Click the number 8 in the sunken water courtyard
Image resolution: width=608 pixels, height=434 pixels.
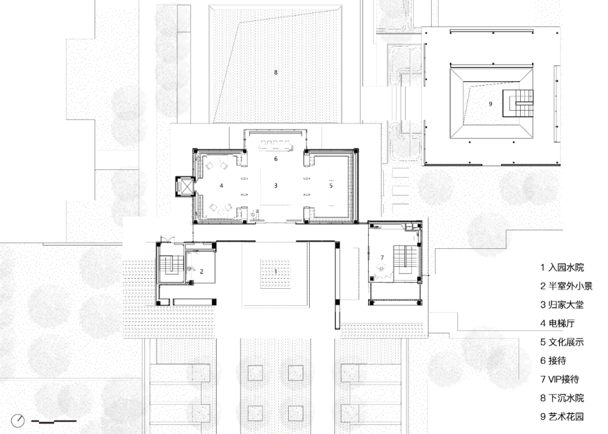(276, 72)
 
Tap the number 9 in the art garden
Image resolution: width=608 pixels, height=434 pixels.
(490, 104)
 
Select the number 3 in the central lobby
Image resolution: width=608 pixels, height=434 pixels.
(276, 186)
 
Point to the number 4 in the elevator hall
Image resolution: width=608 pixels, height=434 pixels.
(221, 186)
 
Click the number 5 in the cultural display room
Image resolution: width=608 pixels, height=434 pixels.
(331, 186)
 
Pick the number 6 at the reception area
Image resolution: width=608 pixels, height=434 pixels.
(276, 159)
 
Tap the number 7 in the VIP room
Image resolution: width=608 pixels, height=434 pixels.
(382, 258)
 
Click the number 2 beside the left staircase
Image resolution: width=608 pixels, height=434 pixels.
(202, 271)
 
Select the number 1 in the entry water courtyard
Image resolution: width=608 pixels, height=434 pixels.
(276, 271)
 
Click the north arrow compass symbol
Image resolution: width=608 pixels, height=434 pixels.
(18, 420)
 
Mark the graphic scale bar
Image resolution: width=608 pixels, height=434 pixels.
(53, 421)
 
